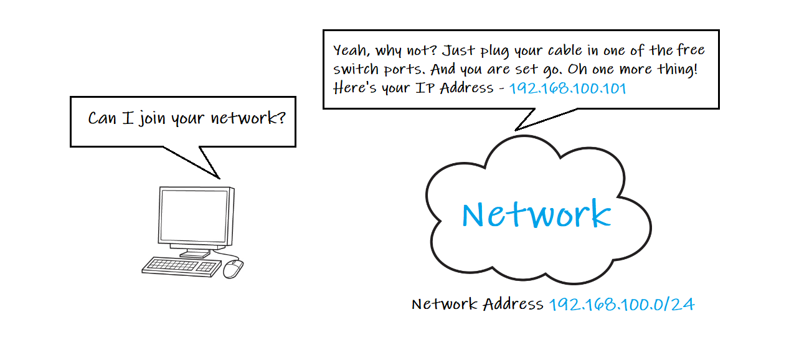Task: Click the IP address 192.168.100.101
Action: click(567, 88)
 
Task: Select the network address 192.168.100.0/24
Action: click(621, 305)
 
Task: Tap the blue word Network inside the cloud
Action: click(536, 214)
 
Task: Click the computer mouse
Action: click(233, 268)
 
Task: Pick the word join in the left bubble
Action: click(153, 118)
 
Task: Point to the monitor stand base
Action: click(194, 254)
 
